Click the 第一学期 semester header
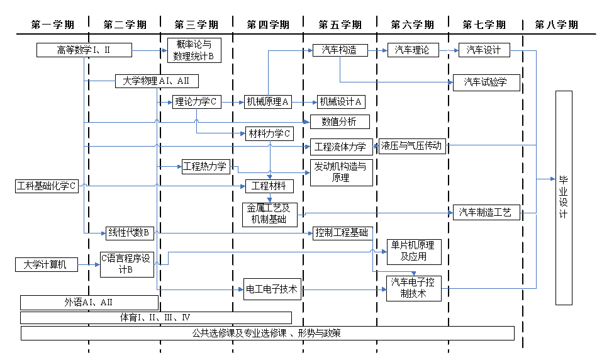click(52, 25)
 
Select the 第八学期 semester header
click(557, 25)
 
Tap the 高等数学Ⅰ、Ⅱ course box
click(84, 50)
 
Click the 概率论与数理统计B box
click(194, 50)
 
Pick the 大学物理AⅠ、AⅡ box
click(157, 81)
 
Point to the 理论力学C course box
click(197, 101)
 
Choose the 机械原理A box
click(268, 101)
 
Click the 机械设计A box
click(340, 101)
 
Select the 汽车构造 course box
click(340, 50)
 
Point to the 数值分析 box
click(340, 121)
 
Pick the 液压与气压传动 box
click(412, 146)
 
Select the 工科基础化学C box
click(47, 186)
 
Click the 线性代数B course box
click(128, 233)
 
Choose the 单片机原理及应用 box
click(413, 252)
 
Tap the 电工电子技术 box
click(272, 290)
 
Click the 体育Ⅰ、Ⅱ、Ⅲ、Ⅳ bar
click(155, 317)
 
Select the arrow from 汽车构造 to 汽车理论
click(377, 50)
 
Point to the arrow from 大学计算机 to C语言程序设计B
click(89, 265)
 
